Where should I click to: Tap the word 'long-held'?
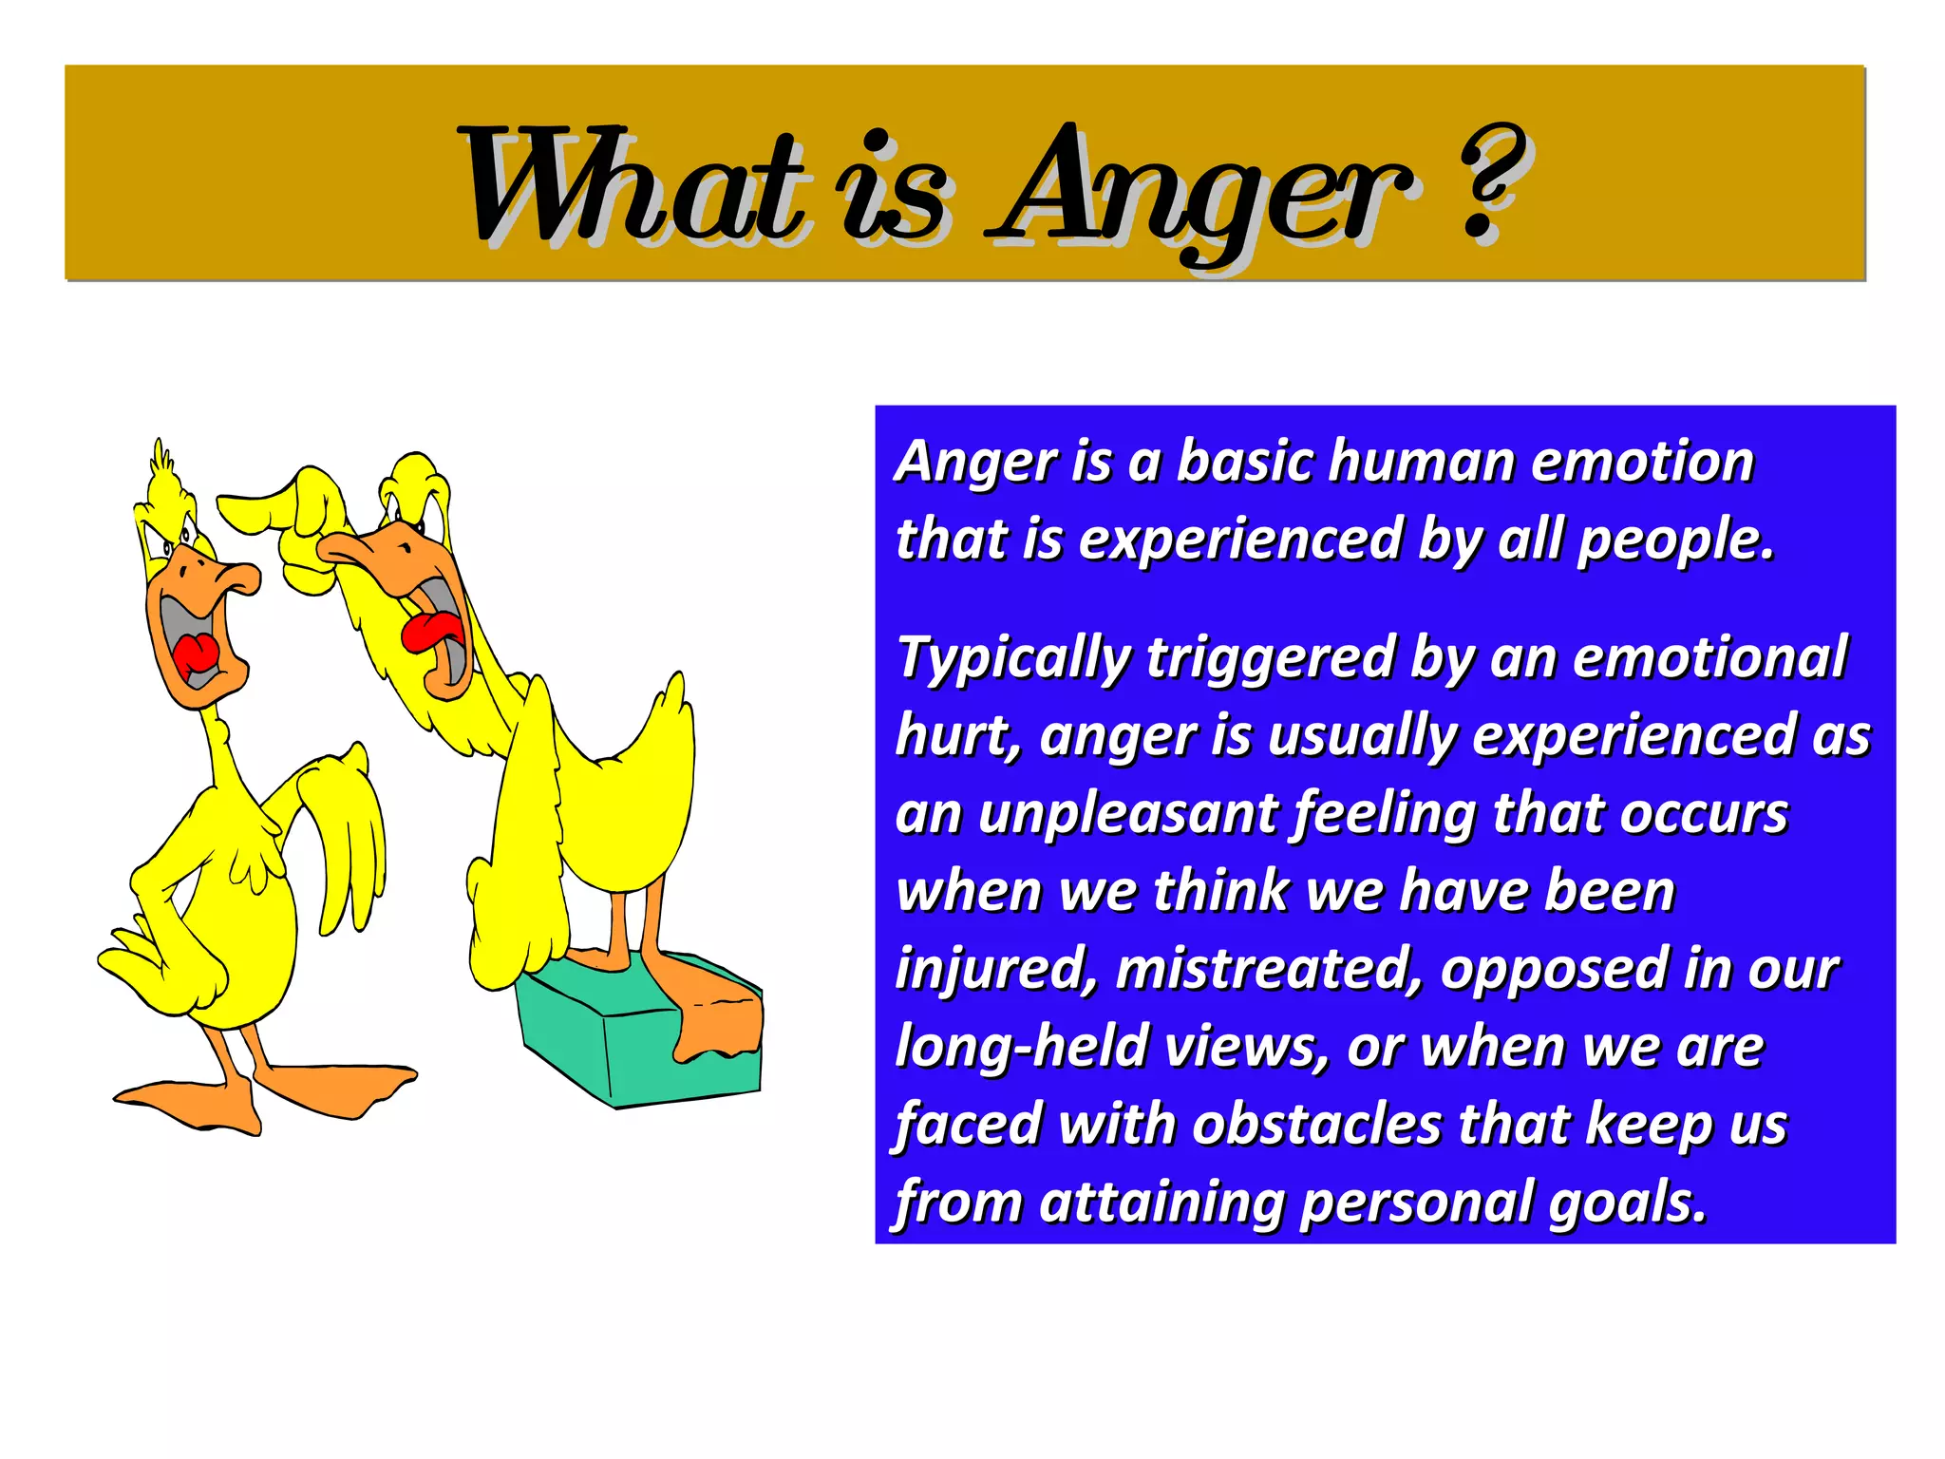[x=1021, y=1047]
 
